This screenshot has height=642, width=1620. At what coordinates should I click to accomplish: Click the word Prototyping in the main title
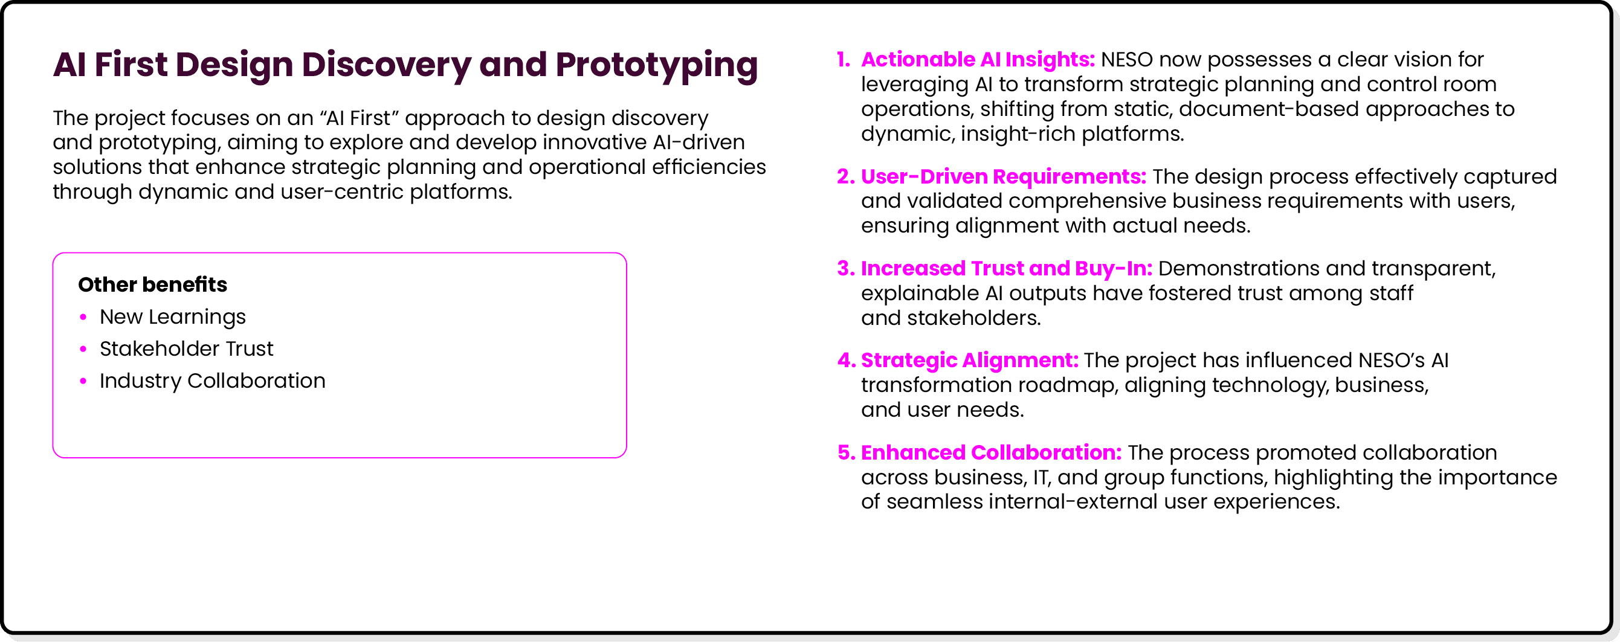pos(657,65)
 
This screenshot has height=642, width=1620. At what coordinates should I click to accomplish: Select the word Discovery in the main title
pos(386,65)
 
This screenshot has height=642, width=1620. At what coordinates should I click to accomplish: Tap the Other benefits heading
pos(152,284)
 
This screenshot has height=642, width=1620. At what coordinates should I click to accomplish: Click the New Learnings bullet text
pos(172,317)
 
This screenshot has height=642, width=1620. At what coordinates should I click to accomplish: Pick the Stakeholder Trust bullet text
pos(186,349)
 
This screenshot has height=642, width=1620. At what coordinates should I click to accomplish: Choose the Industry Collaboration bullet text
pos(212,381)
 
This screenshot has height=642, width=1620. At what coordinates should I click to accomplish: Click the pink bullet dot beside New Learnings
pos(83,317)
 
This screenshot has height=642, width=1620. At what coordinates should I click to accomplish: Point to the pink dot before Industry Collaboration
pos(83,381)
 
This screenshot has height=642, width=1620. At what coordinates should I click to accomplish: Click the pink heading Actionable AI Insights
pos(977,60)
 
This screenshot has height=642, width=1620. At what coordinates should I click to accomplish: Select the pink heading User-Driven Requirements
pos(1003,177)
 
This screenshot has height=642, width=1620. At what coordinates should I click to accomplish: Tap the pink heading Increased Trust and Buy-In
pos(1006,269)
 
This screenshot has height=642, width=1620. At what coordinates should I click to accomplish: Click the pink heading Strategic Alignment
pos(969,361)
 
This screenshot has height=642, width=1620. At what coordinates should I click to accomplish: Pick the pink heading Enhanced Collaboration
pos(990,453)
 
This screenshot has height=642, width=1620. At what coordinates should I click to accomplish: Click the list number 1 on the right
pos(843,60)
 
